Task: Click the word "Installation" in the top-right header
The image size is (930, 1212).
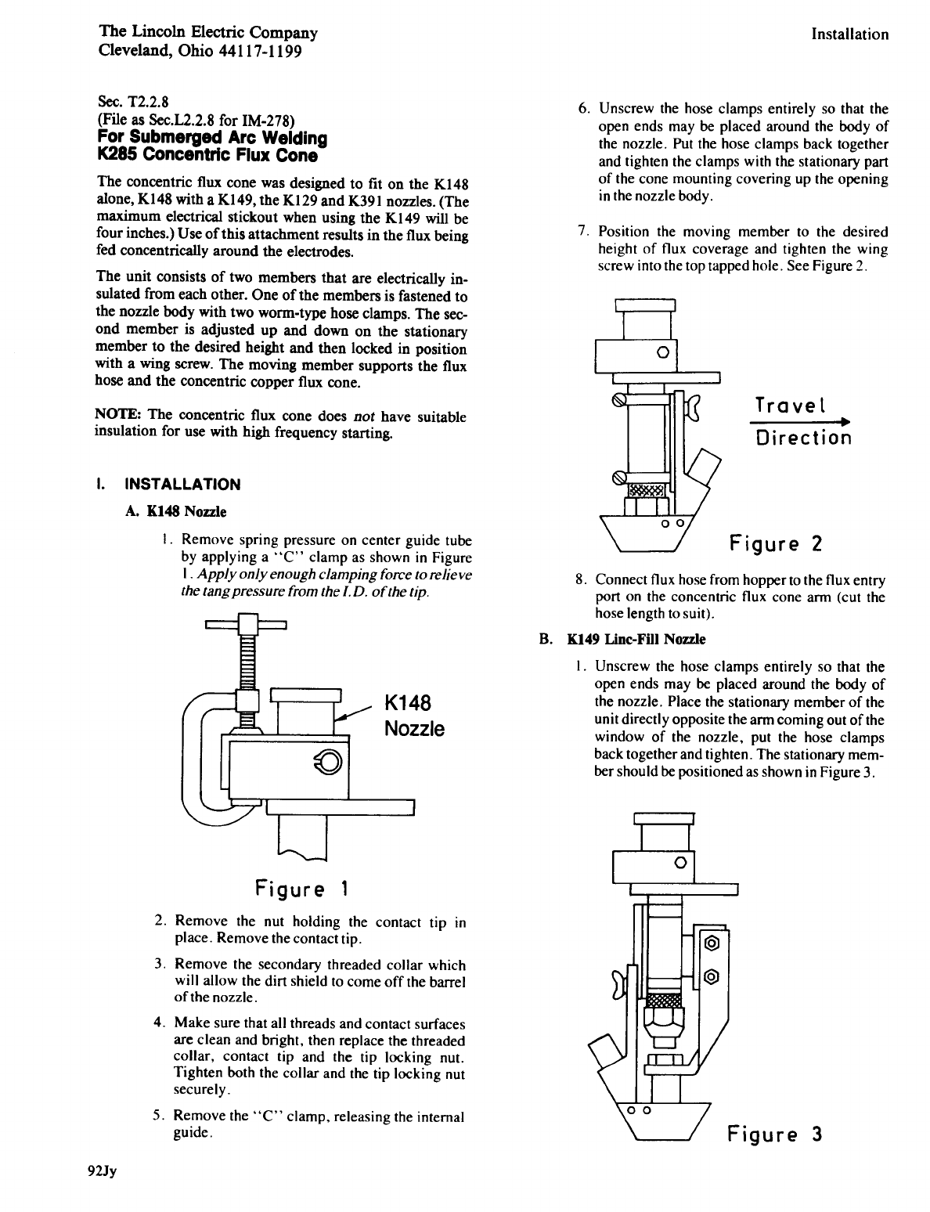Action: pyautogui.click(x=849, y=34)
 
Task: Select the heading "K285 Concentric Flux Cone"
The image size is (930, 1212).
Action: pyautogui.click(x=206, y=155)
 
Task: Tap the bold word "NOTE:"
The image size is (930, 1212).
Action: pyautogui.click(x=111, y=416)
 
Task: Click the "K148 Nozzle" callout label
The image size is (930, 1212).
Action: pyautogui.click(x=413, y=715)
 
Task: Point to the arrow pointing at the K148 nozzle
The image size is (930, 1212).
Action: pyautogui.click(x=353, y=711)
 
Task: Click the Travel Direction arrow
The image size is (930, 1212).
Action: pyautogui.click(x=800, y=423)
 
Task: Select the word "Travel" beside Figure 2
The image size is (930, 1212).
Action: pyautogui.click(x=791, y=405)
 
